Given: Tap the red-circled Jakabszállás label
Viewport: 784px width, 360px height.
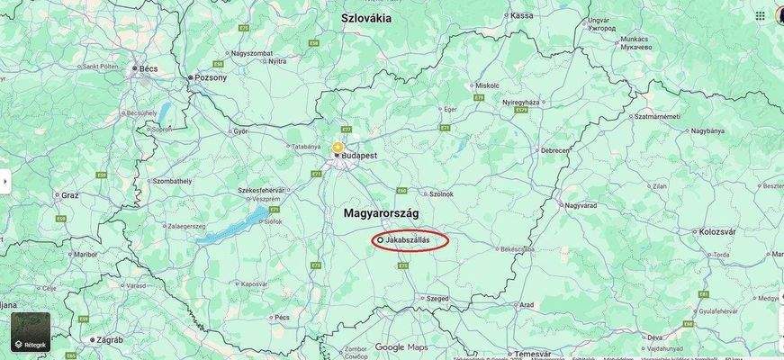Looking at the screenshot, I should point(410,240).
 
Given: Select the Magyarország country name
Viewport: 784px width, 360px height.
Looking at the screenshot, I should point(381,212).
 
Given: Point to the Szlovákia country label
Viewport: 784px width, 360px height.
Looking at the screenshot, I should point(366,17).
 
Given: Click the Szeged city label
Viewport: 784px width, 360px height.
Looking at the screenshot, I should point(437,298).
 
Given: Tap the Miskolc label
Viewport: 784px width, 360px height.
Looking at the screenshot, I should point(487,85).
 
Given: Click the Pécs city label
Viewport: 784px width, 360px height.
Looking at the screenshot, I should point(282,317).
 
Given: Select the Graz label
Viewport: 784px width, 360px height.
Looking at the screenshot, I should point(69,194).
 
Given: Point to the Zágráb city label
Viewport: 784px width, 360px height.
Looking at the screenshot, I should point(107,339).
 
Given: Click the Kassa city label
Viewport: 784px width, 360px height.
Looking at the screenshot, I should point(521,15).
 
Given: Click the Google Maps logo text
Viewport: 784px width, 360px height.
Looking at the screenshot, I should point(401,347).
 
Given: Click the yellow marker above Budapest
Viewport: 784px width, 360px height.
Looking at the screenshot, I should point(338,146).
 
